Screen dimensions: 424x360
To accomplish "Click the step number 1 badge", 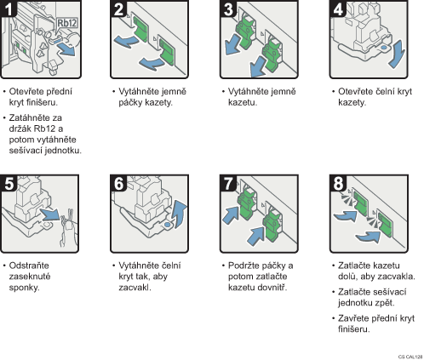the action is point(9,9).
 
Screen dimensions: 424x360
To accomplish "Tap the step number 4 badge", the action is point(338,9).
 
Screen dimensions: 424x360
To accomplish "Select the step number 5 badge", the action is point(9,183).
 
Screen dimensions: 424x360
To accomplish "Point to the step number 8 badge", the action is point(338,183).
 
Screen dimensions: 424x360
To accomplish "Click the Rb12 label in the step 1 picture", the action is point(67,23).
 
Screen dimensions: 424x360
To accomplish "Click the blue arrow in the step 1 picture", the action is point(66,50).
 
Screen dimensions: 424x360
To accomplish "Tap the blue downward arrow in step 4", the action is point(397,54).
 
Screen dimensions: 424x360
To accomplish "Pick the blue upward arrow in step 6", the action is point(180,214).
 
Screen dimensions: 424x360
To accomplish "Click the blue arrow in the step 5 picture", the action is point(50,214).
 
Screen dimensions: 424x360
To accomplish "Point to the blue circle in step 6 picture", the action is point(168,225).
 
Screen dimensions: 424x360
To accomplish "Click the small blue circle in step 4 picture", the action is point(383,48).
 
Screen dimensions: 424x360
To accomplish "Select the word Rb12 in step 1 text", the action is point(44,129).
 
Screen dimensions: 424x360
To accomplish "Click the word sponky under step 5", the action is point(24,288).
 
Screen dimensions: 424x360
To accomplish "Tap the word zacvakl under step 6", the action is point(135,288).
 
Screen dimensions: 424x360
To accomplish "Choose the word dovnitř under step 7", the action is point(272,288).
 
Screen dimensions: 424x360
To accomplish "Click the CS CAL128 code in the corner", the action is point(410,357).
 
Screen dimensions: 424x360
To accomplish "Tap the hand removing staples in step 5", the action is point(68,228).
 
